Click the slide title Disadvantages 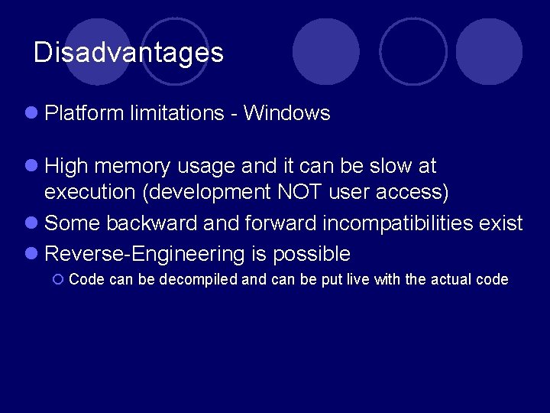coord(128,53)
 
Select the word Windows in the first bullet coord(286,113)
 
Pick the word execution coord(91,192)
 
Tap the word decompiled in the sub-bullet coord(199,279)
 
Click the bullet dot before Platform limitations coord(31,113)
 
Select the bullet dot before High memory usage coord(31,166)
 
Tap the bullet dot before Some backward coord(31,223)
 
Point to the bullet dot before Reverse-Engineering coord(31,254)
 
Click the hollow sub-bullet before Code coord(58,280)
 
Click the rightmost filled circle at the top coord(488,51)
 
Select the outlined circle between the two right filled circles coord(413,51)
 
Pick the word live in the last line coord(358,279)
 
